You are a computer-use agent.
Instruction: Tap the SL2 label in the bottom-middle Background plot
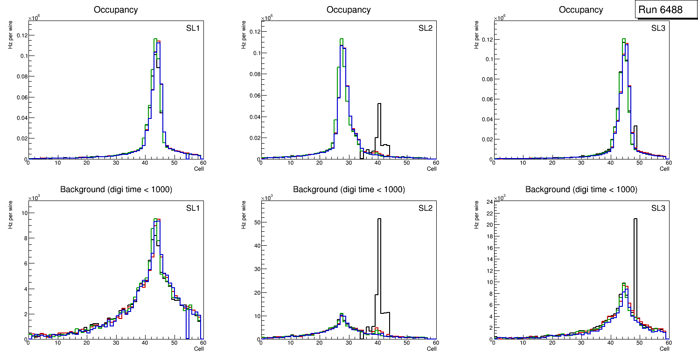(426, 208)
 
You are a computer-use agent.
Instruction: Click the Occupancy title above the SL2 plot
(349, 9)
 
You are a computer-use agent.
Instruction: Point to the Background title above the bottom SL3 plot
(581, 189)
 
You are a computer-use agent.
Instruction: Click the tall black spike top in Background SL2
(379, 219)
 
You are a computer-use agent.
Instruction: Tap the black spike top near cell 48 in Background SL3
(635, 219)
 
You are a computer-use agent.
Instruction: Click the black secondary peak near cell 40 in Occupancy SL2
(379, 104)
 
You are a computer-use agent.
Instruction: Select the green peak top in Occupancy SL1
(156, 39)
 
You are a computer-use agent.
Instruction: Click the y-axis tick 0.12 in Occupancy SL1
(21, 35)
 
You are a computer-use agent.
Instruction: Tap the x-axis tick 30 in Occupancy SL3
(581, 163)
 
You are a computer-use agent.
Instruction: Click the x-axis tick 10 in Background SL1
(57, 343)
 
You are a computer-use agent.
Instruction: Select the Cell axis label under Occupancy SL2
(432, 169)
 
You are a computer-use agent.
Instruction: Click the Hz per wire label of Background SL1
(10, 215)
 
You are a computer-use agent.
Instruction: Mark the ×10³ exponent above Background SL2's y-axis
(266, 198)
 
